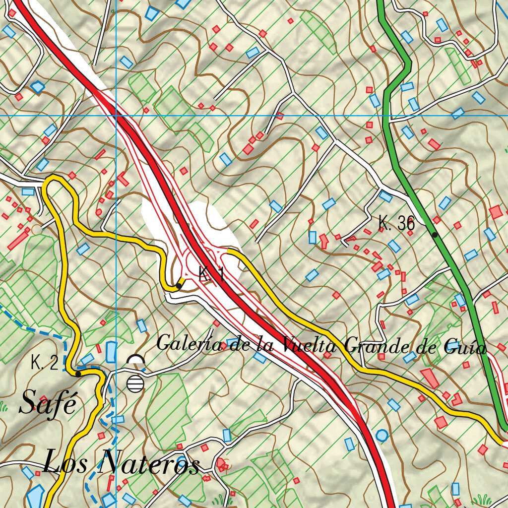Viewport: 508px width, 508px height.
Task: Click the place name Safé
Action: [49, 403]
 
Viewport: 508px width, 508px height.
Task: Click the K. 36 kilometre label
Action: [396, 223]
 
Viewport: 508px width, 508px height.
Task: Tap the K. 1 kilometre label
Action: [211, 274]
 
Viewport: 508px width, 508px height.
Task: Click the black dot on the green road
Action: [435, 235]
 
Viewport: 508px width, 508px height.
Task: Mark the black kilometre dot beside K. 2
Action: [78, 374]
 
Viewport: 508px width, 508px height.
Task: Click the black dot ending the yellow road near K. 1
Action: [179, 286]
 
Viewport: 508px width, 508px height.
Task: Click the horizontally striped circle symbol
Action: [135, 383]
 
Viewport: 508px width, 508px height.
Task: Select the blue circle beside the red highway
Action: [381, 436]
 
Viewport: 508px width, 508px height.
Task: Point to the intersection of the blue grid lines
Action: [116, 115]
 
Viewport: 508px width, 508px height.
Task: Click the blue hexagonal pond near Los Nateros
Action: [35, 496]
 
